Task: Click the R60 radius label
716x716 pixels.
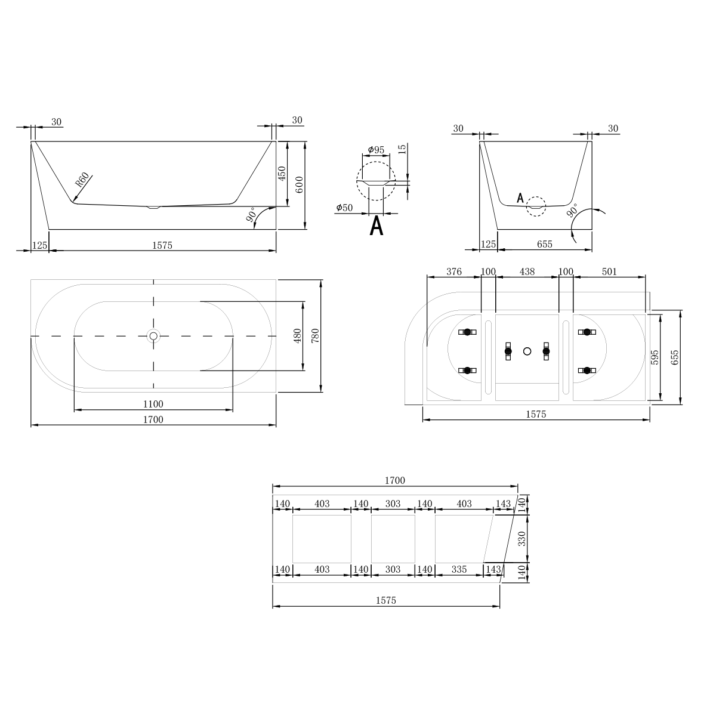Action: (82, 180)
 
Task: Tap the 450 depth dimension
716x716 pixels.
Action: (282, 174)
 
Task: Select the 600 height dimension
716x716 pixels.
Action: (299, 184)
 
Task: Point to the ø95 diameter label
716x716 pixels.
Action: (376, 150)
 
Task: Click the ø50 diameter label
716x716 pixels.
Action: (344, 208)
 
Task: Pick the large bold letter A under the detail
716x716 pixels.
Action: (376, 226)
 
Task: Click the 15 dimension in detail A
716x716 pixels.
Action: (402, 149)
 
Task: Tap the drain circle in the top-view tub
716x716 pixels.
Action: (153, 337)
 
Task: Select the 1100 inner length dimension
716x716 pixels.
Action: (153, 404)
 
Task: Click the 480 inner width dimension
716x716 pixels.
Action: (297, 336)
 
